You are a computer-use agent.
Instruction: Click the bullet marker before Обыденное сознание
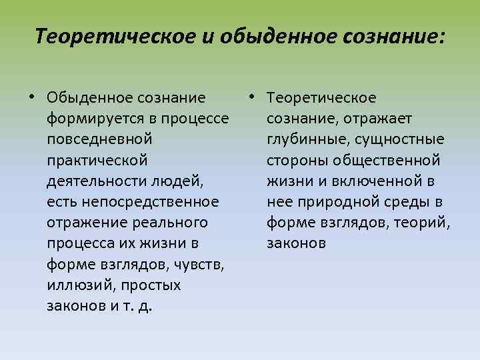point(31,99)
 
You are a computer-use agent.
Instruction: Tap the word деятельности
point(93,181)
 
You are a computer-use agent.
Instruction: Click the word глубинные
point(301,139)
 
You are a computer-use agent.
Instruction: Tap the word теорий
point(422,222)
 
